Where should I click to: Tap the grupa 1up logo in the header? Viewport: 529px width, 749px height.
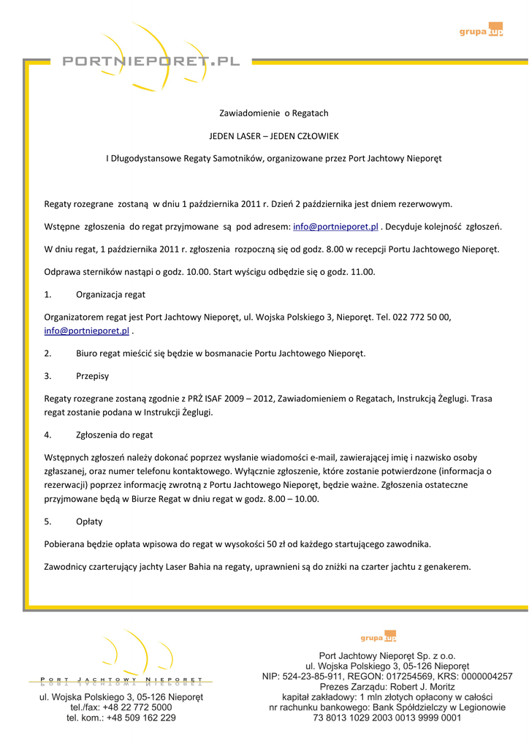pyautogui.click(x=481, y=30)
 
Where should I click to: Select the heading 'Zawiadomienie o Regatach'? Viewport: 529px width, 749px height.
pyautogui.click(x=274, y=113)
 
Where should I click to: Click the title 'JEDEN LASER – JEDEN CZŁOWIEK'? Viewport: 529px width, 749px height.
pyautogui.click(x=274, y=136)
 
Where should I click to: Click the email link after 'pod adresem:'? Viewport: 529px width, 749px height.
pyautogui.click(x=335, y=227)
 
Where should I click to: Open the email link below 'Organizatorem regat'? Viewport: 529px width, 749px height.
pyautogui.click(x=86, y=331)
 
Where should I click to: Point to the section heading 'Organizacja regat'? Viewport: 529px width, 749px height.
pyautogui.click(x=110, y=295)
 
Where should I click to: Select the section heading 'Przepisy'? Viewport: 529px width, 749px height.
pyautogui.click(x=92, y=376)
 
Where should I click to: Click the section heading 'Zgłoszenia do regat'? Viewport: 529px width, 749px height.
pyautogui.click(x=114, y=434)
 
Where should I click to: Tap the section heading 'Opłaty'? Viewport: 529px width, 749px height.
pyautogui.click(x=89, y=522)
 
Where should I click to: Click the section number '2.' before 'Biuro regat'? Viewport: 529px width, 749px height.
pyautogui.click(x=47, y=353)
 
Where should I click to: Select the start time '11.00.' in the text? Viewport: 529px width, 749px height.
pyautogui.click(x=362, y=272)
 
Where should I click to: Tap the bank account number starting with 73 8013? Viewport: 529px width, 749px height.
pyautogui.click(x=387, y=718)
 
